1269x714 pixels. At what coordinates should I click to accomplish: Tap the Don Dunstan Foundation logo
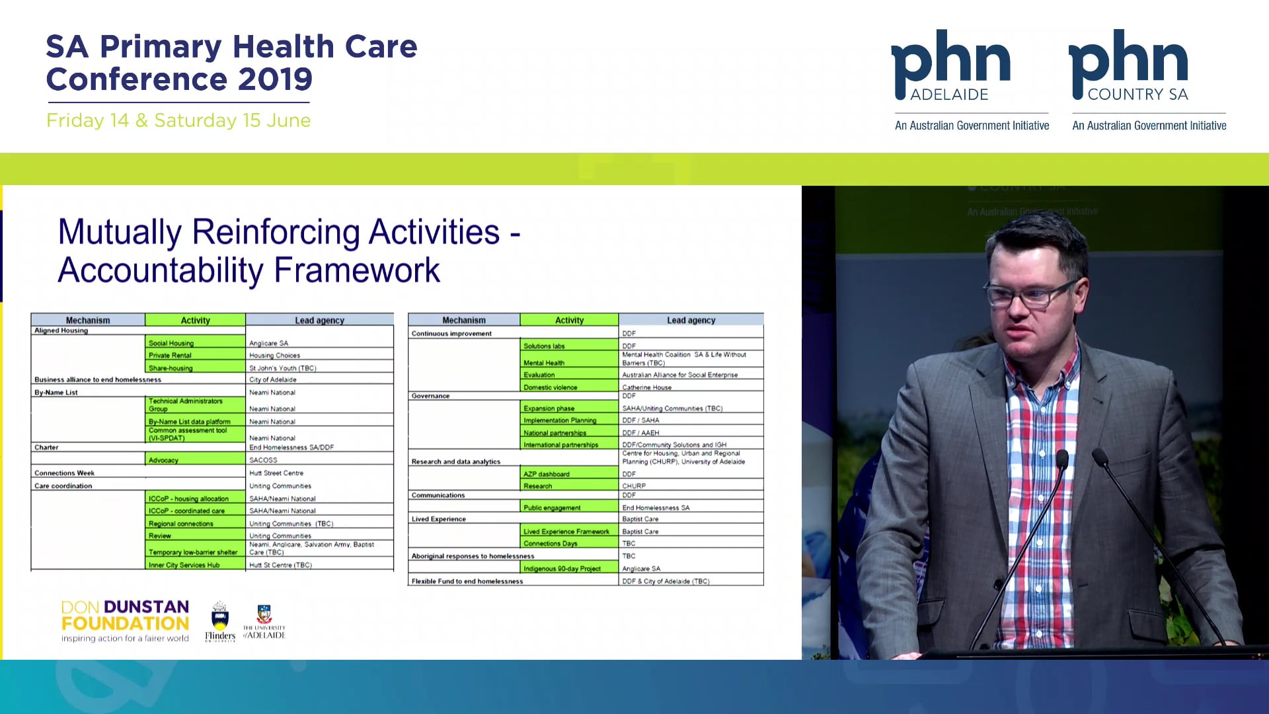tap(125, 620)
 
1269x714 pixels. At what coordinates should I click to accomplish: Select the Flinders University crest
tap(219, 619)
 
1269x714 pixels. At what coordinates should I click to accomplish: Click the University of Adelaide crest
tap(264, 621)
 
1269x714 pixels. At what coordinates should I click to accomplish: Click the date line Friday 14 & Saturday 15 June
tap(178, 120)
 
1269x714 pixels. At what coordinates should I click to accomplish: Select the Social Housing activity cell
tap(194, 342)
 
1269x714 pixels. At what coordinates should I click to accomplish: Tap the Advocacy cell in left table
tap(194, 459)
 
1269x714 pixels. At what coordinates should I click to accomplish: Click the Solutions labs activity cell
tap(568, 345)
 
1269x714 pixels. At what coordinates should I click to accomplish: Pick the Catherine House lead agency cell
tap(690, 387)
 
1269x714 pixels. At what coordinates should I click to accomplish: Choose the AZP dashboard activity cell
tap(568, 473)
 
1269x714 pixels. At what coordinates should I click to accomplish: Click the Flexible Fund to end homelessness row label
tap(467, 581)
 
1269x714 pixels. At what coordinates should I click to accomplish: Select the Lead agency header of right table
tap(691, 320)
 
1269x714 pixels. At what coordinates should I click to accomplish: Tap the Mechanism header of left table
tap(88, 320)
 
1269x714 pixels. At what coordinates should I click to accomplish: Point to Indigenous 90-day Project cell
tap(568, 568)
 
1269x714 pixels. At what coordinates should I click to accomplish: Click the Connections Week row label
tap(65, 473)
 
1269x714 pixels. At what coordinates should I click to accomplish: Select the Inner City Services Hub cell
tap(194, 565)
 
